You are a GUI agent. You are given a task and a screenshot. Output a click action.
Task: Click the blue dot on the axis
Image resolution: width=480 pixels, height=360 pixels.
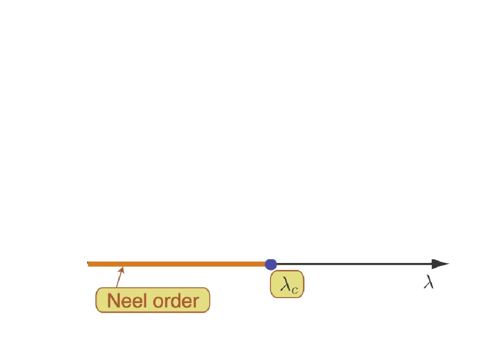tap(270, 264)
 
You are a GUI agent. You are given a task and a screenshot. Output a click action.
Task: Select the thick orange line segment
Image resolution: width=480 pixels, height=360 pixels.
tap(178, 264)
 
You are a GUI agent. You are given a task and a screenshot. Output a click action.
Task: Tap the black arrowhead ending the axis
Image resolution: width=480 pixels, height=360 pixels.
tap(441, 264)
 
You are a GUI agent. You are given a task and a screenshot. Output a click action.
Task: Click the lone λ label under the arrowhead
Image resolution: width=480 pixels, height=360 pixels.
tap(428, 282)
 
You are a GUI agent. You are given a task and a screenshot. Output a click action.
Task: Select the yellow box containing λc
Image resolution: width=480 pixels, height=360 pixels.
tap(287, 284)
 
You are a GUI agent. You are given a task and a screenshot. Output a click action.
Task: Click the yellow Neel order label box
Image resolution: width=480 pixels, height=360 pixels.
tap(153, 300)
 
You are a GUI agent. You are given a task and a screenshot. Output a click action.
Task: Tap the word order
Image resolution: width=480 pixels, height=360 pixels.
tap(176, 300)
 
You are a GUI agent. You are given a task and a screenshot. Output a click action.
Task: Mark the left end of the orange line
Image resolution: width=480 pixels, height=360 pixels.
tap(89, 264)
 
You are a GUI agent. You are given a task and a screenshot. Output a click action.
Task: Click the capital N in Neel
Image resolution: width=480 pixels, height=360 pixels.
tap(114, 300)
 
